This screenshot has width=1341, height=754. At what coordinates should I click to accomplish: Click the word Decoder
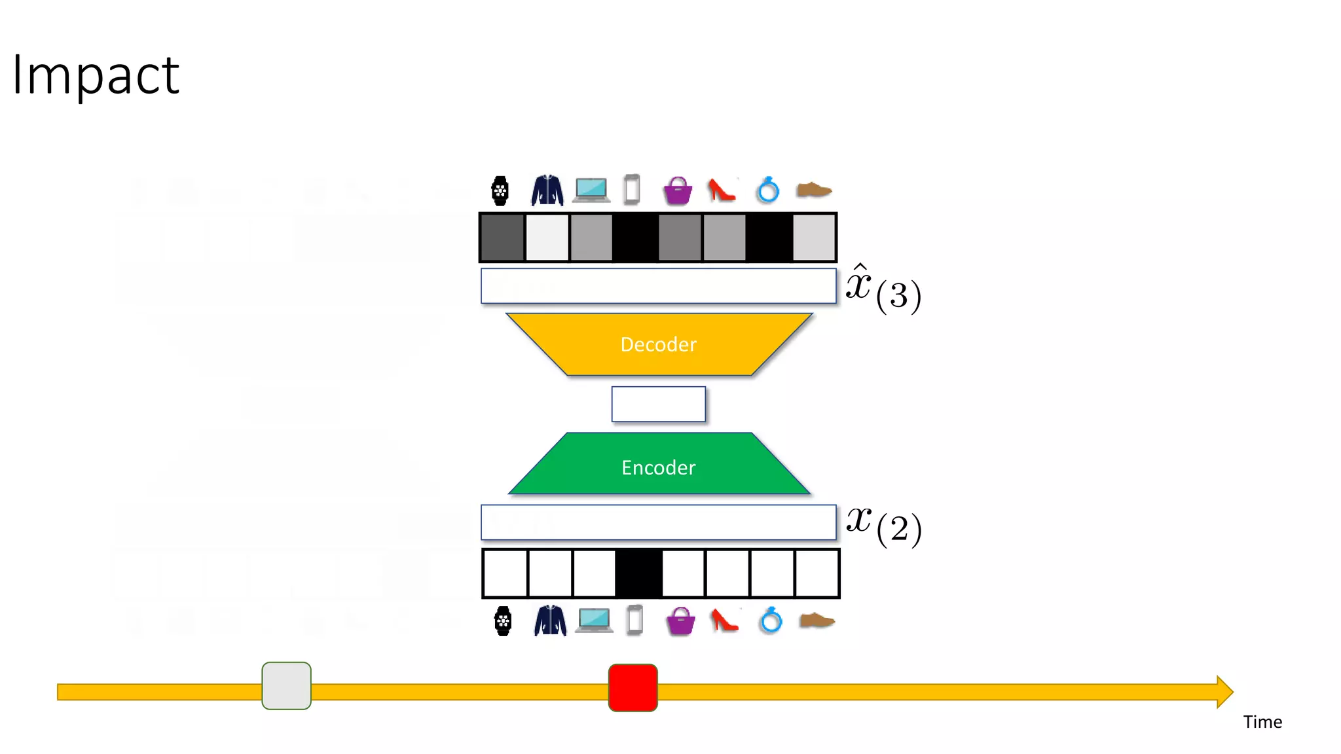pos(658,344)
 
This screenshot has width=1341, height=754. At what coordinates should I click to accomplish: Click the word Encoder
pos(658,467)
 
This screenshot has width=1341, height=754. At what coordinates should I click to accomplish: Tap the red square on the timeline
pos(633,687)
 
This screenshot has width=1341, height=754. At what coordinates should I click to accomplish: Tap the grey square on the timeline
pos(286,685)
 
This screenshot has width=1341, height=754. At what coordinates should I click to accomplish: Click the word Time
pos(1262,722)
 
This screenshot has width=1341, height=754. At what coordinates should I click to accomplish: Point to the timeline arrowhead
pos(1224,692)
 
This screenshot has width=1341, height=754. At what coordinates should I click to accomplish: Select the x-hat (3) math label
pos(883,289)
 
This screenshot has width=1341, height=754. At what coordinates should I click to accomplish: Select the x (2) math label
pos(883,524)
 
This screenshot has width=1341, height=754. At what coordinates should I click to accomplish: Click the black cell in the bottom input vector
pos(638,573)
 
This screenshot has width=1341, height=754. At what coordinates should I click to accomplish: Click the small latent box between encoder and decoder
pos(658,404)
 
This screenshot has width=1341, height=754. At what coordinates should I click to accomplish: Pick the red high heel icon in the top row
pos(722,190)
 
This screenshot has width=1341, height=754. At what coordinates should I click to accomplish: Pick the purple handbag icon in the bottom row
pos(680,621)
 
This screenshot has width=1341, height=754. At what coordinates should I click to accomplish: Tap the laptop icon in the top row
pos(592,190)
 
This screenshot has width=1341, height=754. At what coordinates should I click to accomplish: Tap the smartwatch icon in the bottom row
pos(502,621)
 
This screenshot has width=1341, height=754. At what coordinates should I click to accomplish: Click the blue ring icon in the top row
pos(767,190)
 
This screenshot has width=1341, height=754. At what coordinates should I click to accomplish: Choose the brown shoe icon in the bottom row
pos(817,620)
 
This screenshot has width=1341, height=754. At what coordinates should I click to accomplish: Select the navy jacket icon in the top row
pos(547,190)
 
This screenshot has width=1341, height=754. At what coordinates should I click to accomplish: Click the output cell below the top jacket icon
pos(547,238)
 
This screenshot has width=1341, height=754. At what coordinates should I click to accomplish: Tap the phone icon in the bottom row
pos(634,620)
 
